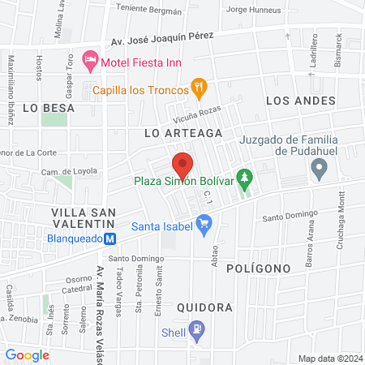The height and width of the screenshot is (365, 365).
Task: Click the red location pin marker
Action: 182,165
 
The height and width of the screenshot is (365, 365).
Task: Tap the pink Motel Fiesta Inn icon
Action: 92,61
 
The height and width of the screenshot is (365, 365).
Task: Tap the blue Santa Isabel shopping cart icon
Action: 204,221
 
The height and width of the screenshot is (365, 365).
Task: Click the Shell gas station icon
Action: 196,329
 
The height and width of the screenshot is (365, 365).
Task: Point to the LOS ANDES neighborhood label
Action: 301,101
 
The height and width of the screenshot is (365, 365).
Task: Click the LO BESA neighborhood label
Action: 49,107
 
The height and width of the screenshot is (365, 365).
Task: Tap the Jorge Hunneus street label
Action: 255,10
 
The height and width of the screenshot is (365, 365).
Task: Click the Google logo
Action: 28,354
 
